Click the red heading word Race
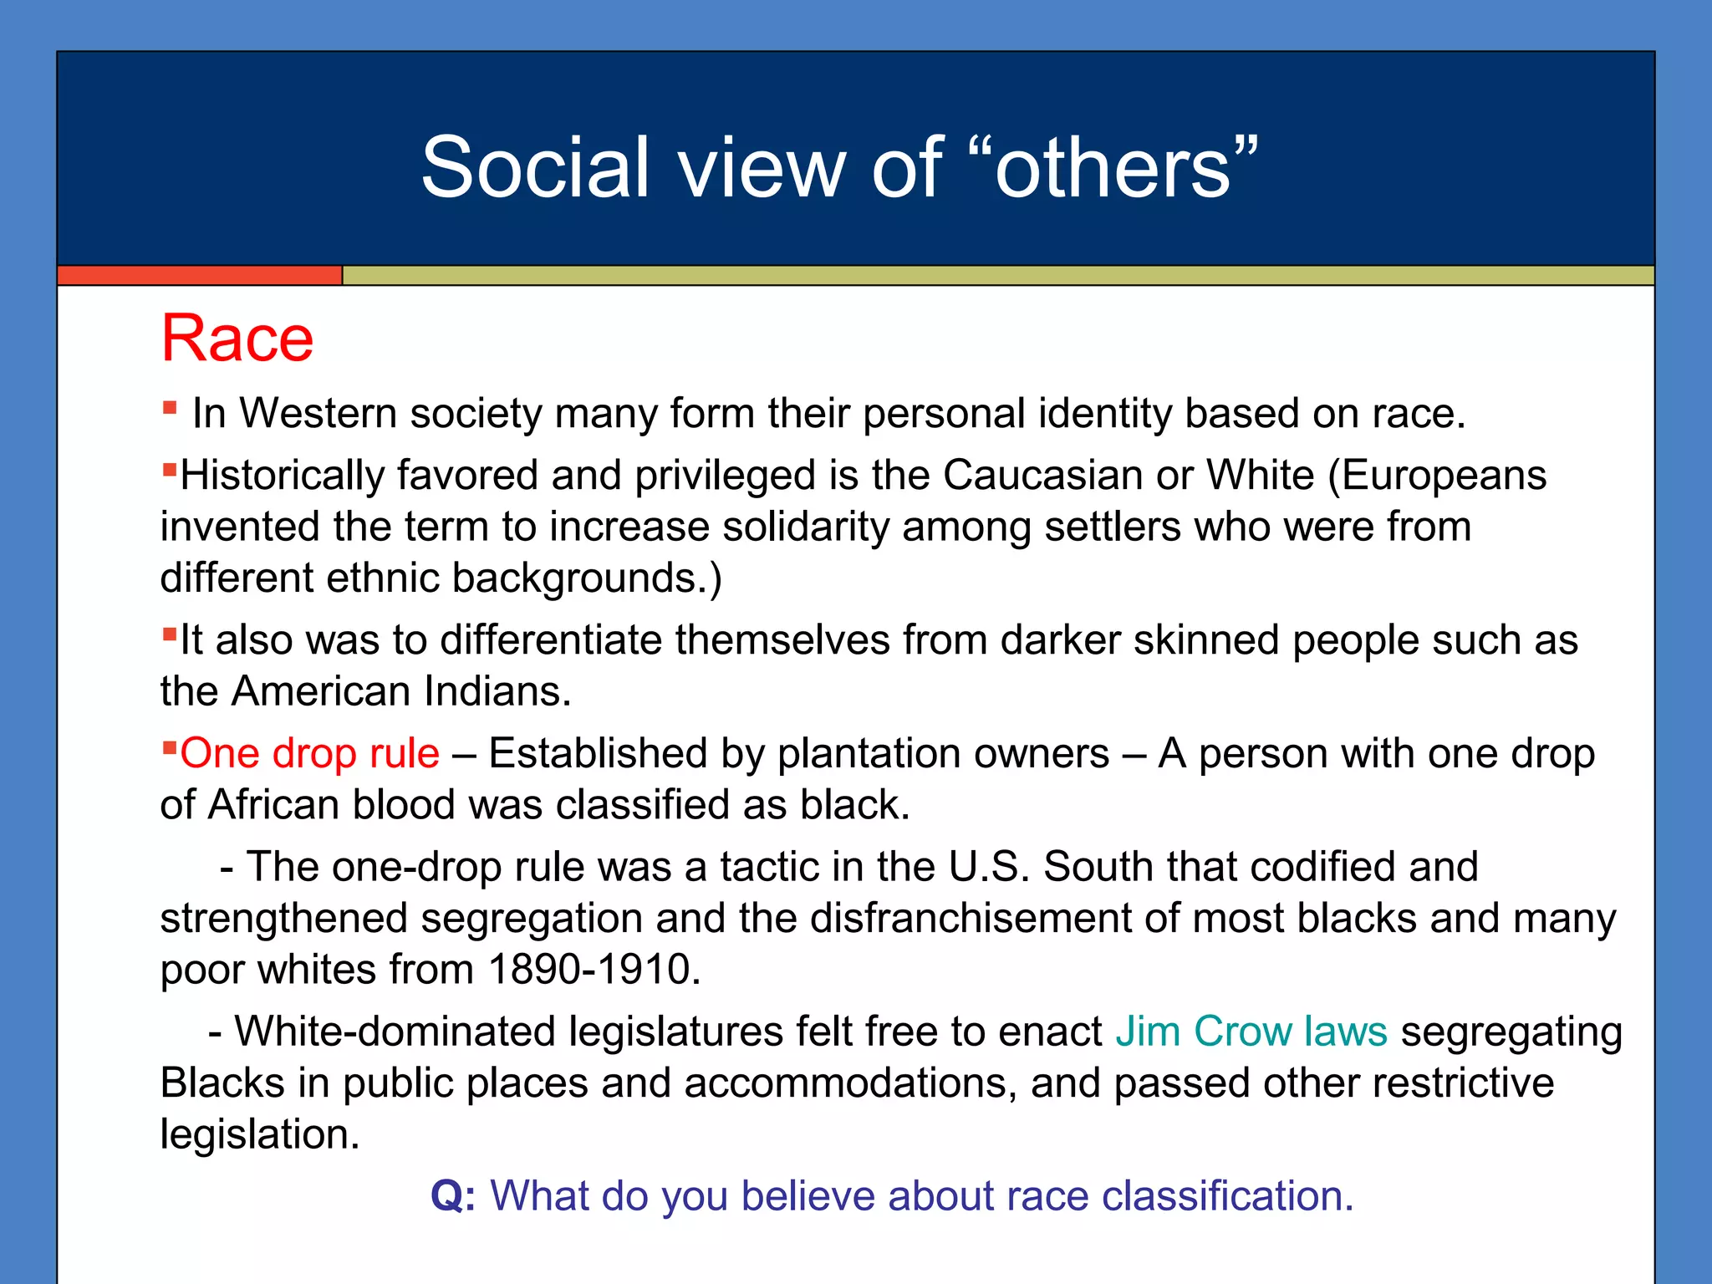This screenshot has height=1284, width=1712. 237,339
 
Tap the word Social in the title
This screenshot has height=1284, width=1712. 535,169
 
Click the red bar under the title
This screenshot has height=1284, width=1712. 199,276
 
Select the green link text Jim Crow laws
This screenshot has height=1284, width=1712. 1251,1031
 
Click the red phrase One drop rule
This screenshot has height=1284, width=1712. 309,753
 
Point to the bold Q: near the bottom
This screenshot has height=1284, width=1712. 453,1195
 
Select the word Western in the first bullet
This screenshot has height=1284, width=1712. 318,414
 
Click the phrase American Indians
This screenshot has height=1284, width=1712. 401,692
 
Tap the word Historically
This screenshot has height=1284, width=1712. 282,476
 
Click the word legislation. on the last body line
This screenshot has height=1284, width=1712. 259,1135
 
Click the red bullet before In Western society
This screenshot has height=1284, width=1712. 170,408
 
